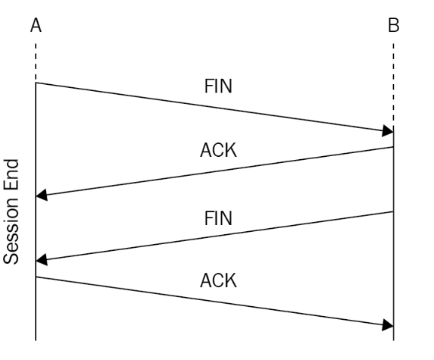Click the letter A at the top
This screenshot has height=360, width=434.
36,25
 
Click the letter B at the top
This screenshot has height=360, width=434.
394,25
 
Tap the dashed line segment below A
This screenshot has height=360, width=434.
36,62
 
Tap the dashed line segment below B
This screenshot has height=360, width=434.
393,86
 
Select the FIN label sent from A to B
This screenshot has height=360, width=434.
218,86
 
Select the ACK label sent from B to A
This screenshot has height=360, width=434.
218,150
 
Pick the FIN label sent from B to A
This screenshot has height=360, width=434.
218,218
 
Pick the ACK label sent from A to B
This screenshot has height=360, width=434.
218,280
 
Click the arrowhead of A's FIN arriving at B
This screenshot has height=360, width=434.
388,130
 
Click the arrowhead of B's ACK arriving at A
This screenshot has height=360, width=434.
42,196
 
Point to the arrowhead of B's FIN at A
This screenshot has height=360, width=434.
42,260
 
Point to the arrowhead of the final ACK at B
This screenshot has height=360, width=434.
388,325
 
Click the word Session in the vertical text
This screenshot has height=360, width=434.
11,231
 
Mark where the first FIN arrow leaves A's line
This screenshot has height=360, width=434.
36,83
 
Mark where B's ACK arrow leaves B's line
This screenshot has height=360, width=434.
393,147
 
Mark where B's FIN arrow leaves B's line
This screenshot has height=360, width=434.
393,212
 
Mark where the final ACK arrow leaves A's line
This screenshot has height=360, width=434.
36,277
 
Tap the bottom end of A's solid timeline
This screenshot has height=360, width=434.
36,340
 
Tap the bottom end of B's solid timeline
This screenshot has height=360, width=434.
393,340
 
